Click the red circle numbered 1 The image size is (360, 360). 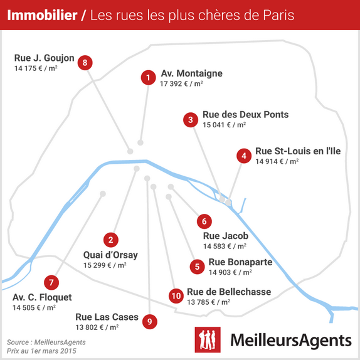148,77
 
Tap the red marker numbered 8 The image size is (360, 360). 85,63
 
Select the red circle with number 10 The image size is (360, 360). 176,296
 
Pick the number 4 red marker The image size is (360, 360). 244,156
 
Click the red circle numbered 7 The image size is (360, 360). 51,282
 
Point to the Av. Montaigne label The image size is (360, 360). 192,73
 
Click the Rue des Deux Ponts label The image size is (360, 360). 245,114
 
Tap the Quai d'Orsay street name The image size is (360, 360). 110,255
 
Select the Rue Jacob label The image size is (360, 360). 226,236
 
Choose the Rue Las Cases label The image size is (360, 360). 107,317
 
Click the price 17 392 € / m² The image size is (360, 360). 181,83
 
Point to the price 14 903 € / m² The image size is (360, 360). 230,272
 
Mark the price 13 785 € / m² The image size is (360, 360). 208,302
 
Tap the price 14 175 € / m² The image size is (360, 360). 36,68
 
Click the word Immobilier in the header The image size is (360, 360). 42,15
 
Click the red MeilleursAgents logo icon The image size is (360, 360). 208,339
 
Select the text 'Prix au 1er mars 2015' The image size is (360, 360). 41,351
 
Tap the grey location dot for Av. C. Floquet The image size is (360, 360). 103,194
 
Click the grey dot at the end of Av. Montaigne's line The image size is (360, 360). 140,142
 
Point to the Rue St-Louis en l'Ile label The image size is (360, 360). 298,151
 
